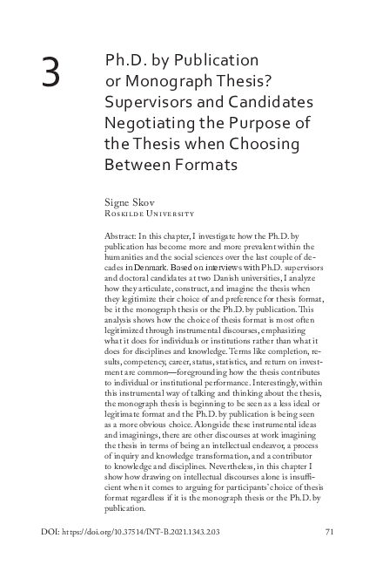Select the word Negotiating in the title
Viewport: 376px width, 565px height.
coord(151,122)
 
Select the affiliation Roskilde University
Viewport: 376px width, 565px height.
coord(148,213)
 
